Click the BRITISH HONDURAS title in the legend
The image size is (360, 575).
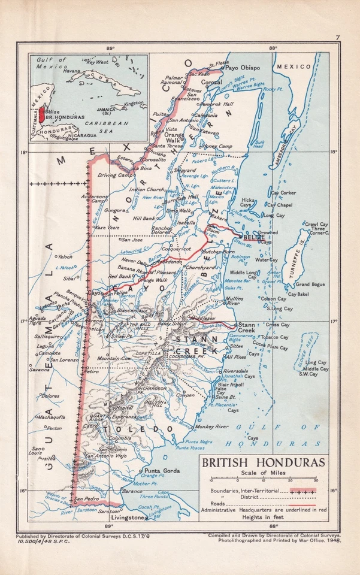click(x=263, y=463)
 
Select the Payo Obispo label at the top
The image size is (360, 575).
click(x=242, y=68)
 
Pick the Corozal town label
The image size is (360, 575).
click(x=211, y=81)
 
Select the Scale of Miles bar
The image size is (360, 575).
click(x=264, y=480)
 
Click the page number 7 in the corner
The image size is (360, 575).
click(x=337, y=38)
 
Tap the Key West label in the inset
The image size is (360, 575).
click(x=98, y=61)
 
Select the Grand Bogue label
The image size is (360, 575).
click(x=310, y=284)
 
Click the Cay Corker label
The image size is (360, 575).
click(x=283, y=193)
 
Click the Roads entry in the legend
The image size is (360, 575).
click(x=214, y=503)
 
